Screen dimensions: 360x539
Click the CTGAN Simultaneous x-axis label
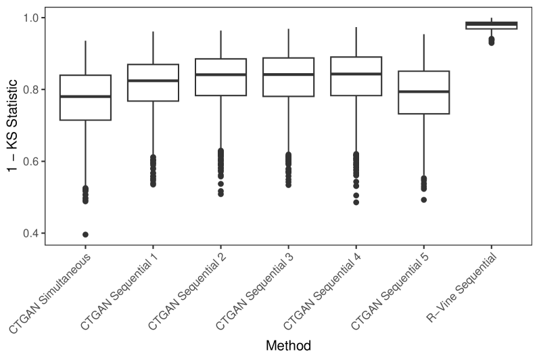[x=51, y=292]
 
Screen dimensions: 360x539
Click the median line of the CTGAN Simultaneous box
[x=85, y=97]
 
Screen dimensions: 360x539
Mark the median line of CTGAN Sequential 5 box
[x=423, y=91]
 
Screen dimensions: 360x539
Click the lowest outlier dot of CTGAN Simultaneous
[x=85, y=234]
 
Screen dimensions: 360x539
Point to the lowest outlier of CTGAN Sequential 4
[x=356, y=202]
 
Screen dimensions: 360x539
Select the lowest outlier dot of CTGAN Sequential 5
[x=423, y=200]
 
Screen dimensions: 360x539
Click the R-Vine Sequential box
[x=491, y=26]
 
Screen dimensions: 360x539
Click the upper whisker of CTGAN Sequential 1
[x=153, y=47]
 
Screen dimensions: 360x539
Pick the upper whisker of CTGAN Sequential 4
[x=356, y=42]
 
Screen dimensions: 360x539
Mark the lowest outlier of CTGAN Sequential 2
[x=220, y=194]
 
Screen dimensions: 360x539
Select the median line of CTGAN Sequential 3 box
[x=288, y=74]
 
